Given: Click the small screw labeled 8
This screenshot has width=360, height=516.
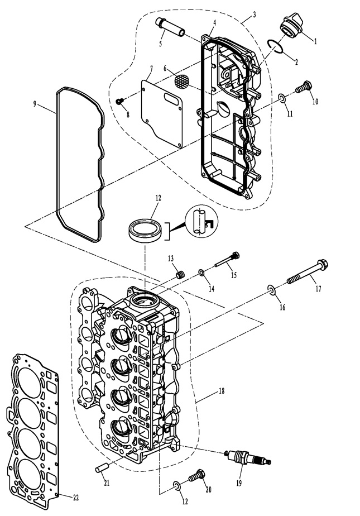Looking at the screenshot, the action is pyautogui.click(x=120, y=101).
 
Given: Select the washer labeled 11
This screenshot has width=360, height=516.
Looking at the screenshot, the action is pyautogui.click(x=282, y=98).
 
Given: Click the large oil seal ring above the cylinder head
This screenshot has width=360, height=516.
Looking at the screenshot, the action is pyautogui.click(x=145, y=231).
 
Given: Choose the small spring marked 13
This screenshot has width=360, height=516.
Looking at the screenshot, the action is pyautogui.click(x=180, y=274).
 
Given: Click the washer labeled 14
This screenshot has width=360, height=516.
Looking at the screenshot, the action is pyautogui.click(x=201, y=273).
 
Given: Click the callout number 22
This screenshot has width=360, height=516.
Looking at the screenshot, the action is pyautogui.click(x=75, y=498).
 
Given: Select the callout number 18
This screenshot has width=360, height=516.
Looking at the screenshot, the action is pyautogui.click(x=221, y=391).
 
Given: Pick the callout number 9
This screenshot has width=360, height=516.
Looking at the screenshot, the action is pyautogui.click(x=35, y=104).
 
